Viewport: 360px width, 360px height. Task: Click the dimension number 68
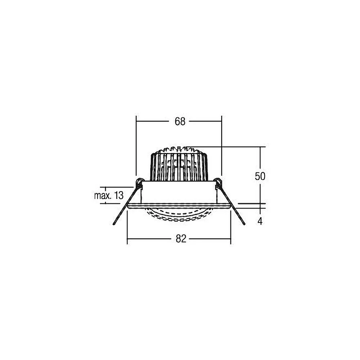click(180, 121)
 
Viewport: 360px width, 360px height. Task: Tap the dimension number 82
click(181, 239)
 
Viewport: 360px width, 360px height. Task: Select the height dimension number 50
click(260, 176)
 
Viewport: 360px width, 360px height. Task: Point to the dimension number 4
click(260, 221)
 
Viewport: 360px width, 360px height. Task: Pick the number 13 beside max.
click(119, 195)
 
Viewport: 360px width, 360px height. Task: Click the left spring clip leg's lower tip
click(114, 224)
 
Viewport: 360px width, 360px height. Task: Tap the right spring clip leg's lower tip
click(244, 224)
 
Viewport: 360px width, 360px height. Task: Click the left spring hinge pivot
click(139, 182)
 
